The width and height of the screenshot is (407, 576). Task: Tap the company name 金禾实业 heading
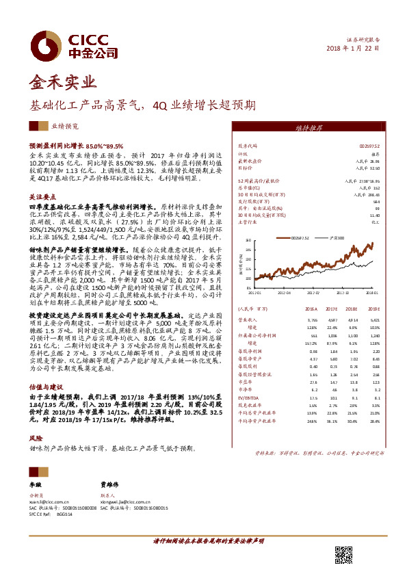(60, 83)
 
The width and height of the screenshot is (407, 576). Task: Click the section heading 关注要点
(42, 196)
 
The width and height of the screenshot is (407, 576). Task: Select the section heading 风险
(35, 436)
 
